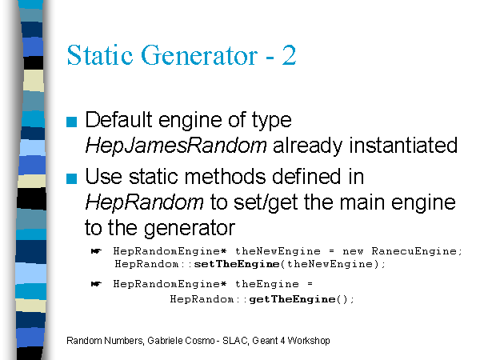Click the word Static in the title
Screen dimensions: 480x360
pyautogui.click(x=100, y=55)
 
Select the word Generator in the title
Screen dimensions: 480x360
pyautogui.click(x=199, y=55)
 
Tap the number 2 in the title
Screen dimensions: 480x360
pyautogui.click(x=289, y=55)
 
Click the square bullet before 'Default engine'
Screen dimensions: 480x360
pyautogui.click(x=71, y=122)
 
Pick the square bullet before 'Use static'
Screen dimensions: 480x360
pyautogui.click(x=71, y=178)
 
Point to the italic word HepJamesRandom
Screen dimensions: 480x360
pyautogui.click(x=176, y=146)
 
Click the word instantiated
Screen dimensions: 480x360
pyautogui.click(x=403, y=145)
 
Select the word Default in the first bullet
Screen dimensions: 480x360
pyautogui.click(x=118, y=119)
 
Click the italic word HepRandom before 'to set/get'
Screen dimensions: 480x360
pyautogui.click(x=144, y=202)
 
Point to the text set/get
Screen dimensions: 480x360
pyautogui.click(x=266, y=203)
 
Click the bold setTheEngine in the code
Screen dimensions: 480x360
pyautogui.click(x=237, y=264)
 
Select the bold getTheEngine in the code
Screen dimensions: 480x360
pyautogui.click(x=292, y=299)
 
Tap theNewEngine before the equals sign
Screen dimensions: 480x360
pyautogui.click(x=278, y=251)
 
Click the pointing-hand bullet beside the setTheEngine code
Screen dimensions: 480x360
pyautogui.click(x=97, y=251)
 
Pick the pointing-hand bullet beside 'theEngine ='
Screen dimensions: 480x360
pyautogui.click(x=97, y=284)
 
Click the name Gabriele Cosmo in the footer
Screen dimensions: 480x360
pyautogui.click(x=181, y=341)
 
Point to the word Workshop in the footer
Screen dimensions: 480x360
pyautogui.click(x=309, y=341)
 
